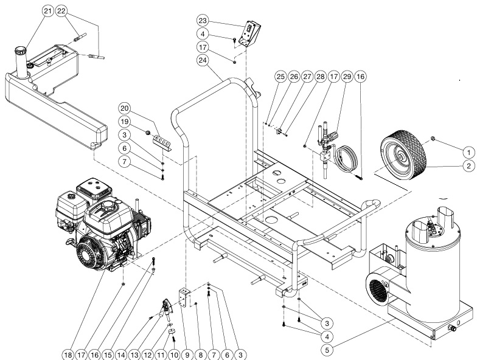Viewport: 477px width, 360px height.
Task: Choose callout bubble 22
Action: (x=63, y=11)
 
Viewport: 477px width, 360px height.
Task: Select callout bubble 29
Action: (x=347, y=77)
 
